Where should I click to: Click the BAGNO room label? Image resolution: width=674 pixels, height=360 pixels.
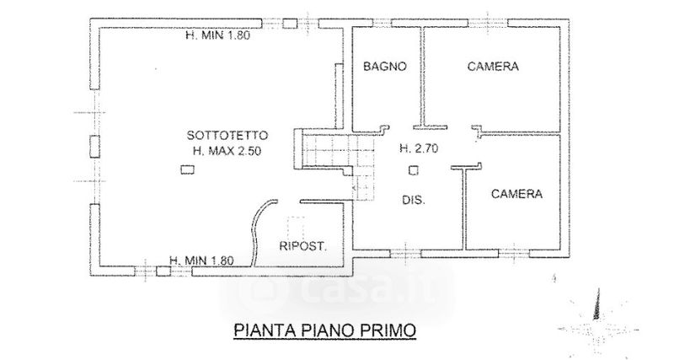(385, 67)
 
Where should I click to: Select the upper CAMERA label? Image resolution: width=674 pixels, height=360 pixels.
(492, 67)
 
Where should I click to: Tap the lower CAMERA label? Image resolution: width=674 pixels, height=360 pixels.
(516, 193)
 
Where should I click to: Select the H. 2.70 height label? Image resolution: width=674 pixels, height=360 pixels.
(418, 148)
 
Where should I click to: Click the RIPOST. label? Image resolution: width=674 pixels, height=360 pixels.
(302, 245)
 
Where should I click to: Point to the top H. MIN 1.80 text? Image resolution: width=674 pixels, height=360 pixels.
(219, 35)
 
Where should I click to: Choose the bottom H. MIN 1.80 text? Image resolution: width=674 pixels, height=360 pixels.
(201, 260)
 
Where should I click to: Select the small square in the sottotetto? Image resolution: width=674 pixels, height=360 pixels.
(185, 170)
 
